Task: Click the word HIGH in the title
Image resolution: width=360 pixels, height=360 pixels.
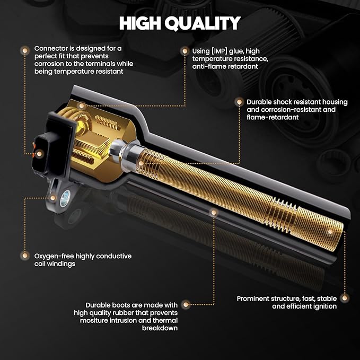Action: pyautogui.click(x=140, y=23)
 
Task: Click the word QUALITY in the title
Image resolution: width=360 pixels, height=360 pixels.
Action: pyautogui.click(x=203, y=23)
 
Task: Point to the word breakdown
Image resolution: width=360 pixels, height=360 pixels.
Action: pyautogui.click(x=160, y=328)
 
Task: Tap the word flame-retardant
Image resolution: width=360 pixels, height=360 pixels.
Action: pyautogui.click(x=273, y=117)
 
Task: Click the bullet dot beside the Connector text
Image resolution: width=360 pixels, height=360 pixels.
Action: pyautogui.click(x=25, y=50)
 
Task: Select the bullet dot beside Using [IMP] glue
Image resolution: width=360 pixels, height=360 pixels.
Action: pyautogui.click(x=185, y=51)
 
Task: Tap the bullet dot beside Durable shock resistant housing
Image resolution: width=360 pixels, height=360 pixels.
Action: pyautogui.click(x=239, y=102)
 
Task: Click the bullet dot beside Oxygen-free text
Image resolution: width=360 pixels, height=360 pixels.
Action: pyautogui.click(x=25, y=256)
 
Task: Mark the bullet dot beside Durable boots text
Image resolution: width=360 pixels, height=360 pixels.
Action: pyautogui.click(x=186, y=305)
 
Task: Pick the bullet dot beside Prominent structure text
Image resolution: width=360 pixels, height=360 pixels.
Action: pyautogui.click(x=344, y=298)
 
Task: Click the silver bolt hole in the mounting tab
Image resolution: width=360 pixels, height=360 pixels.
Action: pyautogui.click(x=65, y=199)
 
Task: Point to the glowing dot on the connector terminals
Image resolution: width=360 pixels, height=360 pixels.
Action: pyautogui.click(x=39, y=154)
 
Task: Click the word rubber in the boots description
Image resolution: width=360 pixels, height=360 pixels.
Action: pyautogui.click(x=125, y=313)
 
